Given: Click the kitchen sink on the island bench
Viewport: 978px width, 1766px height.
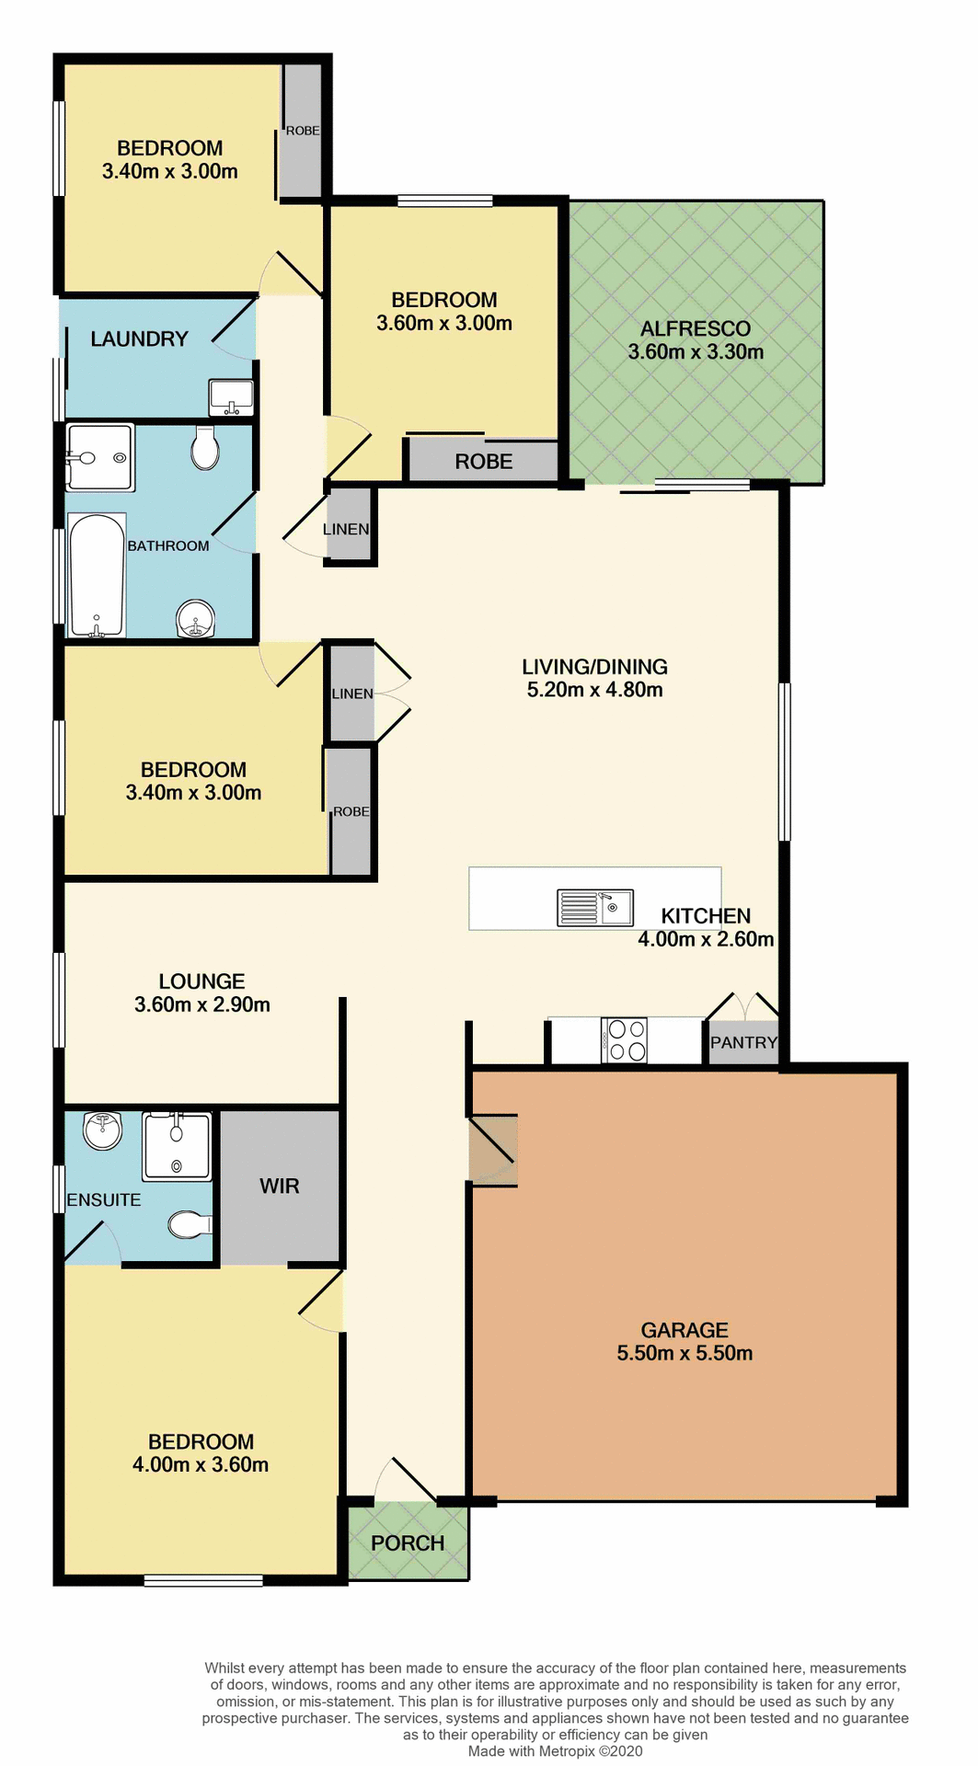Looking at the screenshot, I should (595, 907).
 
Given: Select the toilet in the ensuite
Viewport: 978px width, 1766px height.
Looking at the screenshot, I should (189, 1224).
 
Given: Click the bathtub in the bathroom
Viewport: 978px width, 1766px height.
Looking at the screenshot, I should (97, 576).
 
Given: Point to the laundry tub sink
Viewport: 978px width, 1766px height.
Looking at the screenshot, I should (231, 396).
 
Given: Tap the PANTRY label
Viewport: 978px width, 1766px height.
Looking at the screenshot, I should (743, 1042).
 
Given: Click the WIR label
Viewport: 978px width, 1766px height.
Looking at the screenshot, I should (280, 1186).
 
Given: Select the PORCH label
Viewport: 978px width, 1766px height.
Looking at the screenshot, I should (408, 1543).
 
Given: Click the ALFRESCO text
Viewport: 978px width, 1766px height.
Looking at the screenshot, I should (696, 328).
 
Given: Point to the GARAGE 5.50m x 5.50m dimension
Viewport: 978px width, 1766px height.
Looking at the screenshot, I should (685, 1353).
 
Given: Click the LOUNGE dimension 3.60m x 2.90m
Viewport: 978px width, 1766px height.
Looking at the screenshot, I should (202, 1004).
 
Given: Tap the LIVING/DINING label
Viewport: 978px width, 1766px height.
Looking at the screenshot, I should (594, 667).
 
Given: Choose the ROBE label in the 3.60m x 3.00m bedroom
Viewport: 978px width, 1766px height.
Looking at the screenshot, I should (483, 462).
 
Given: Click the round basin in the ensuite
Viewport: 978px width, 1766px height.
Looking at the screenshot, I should (103, 1130).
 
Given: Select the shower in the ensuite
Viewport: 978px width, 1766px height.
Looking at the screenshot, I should (177, 1145).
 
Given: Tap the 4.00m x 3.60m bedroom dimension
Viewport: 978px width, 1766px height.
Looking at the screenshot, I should (201, 1464).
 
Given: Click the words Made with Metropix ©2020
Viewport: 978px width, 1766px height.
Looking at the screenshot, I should (555, 1751).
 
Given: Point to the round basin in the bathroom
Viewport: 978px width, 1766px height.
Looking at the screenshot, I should (195, 618).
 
